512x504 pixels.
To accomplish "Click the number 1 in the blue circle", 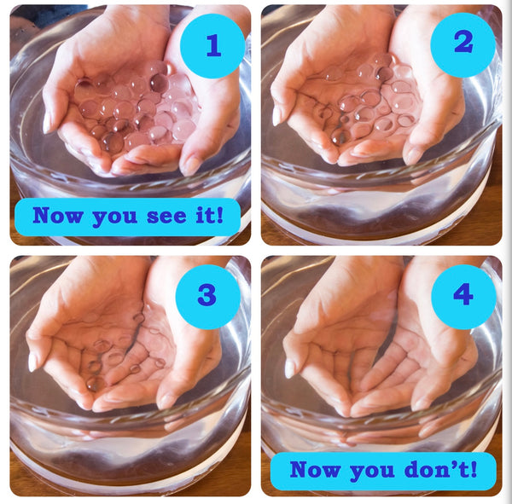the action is [x=213, y=45].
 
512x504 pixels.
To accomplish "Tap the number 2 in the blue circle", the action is [x=463, y=42].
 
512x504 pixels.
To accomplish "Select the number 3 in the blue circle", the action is [x=207, y=294].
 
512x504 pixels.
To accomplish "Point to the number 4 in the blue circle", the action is [x=463, y=294].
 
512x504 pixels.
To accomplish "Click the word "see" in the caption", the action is [x=166, y=216].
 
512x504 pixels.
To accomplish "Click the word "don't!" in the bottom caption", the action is [x=440, y=469].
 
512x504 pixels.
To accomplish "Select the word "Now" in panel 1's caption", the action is [x=57, y=215].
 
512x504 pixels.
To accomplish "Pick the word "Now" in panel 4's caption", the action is [x=315, y=469].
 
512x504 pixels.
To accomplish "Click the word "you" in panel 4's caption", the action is [x=372, y=472].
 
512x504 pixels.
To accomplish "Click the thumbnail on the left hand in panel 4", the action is [x=289, y=369].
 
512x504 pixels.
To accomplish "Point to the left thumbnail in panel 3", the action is [x=32, y=362].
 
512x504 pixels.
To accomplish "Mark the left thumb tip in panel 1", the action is [x=47, y=123].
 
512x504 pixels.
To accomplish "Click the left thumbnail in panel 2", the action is [x=276, y=116].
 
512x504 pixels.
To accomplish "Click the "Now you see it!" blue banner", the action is [x=128, y=217].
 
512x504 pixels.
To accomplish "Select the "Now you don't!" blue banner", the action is [x=383, y=471].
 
